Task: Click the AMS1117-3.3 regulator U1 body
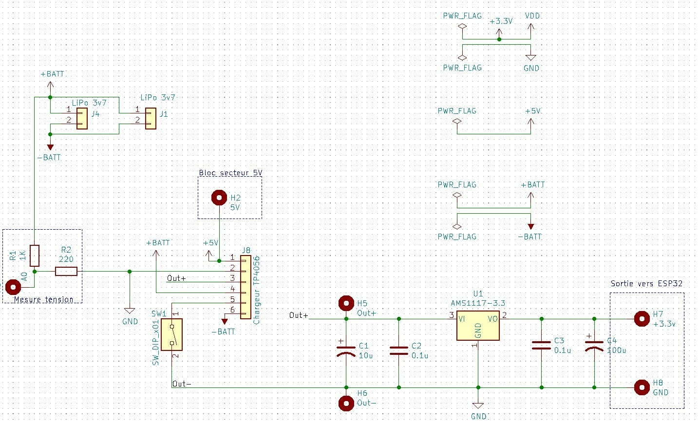[478, 326]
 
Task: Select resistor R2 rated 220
[66, 272]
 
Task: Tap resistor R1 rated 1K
[35, 256]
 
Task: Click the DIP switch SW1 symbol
[172, 334]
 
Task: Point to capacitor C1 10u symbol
[346, 351]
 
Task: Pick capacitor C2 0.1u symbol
[399, 351]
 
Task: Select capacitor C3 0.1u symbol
[542, 345]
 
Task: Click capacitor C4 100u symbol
[594, 345]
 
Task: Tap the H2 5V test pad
[219, 198]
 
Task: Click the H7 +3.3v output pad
[642, 319]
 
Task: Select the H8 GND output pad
[642, 387]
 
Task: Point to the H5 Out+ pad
[346, 304]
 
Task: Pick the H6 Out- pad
[346, 403]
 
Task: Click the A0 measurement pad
[13, 287]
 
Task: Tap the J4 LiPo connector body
[82, 119]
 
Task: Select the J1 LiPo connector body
[151, 119]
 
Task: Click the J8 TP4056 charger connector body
[246, 287]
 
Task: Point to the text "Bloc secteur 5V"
[230, 173]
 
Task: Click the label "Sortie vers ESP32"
[646, 283]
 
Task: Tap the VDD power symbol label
[532, 16]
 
